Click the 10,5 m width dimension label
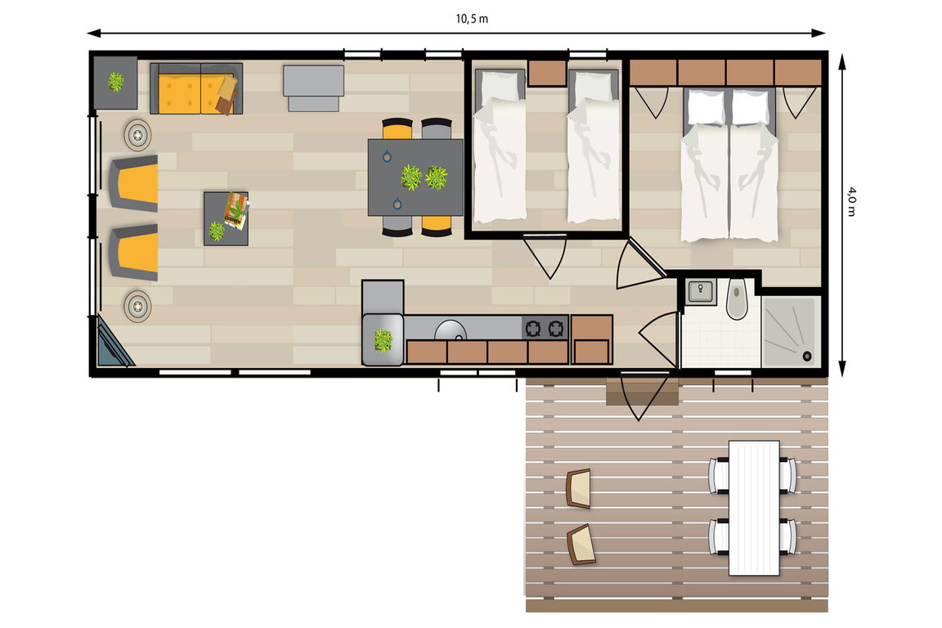tap(472, 19)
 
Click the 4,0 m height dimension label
tap(852, 201)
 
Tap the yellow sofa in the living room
tap(196, 88)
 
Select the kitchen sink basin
tap(450, 330)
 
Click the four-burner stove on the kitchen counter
tap(545, 328)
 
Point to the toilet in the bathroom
tap(737, 299)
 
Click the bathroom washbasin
tap(700, 291)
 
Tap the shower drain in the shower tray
tap(807, 357)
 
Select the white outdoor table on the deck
tap(754, 508)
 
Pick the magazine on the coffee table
tap(236, 209)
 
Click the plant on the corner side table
tap(115, 81)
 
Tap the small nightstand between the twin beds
tap(547, 73)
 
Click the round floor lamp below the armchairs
tap(137, 307)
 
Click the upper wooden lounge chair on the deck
tap(579, 488)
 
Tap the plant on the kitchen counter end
tap(384, 340)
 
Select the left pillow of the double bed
tap(706, 108)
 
